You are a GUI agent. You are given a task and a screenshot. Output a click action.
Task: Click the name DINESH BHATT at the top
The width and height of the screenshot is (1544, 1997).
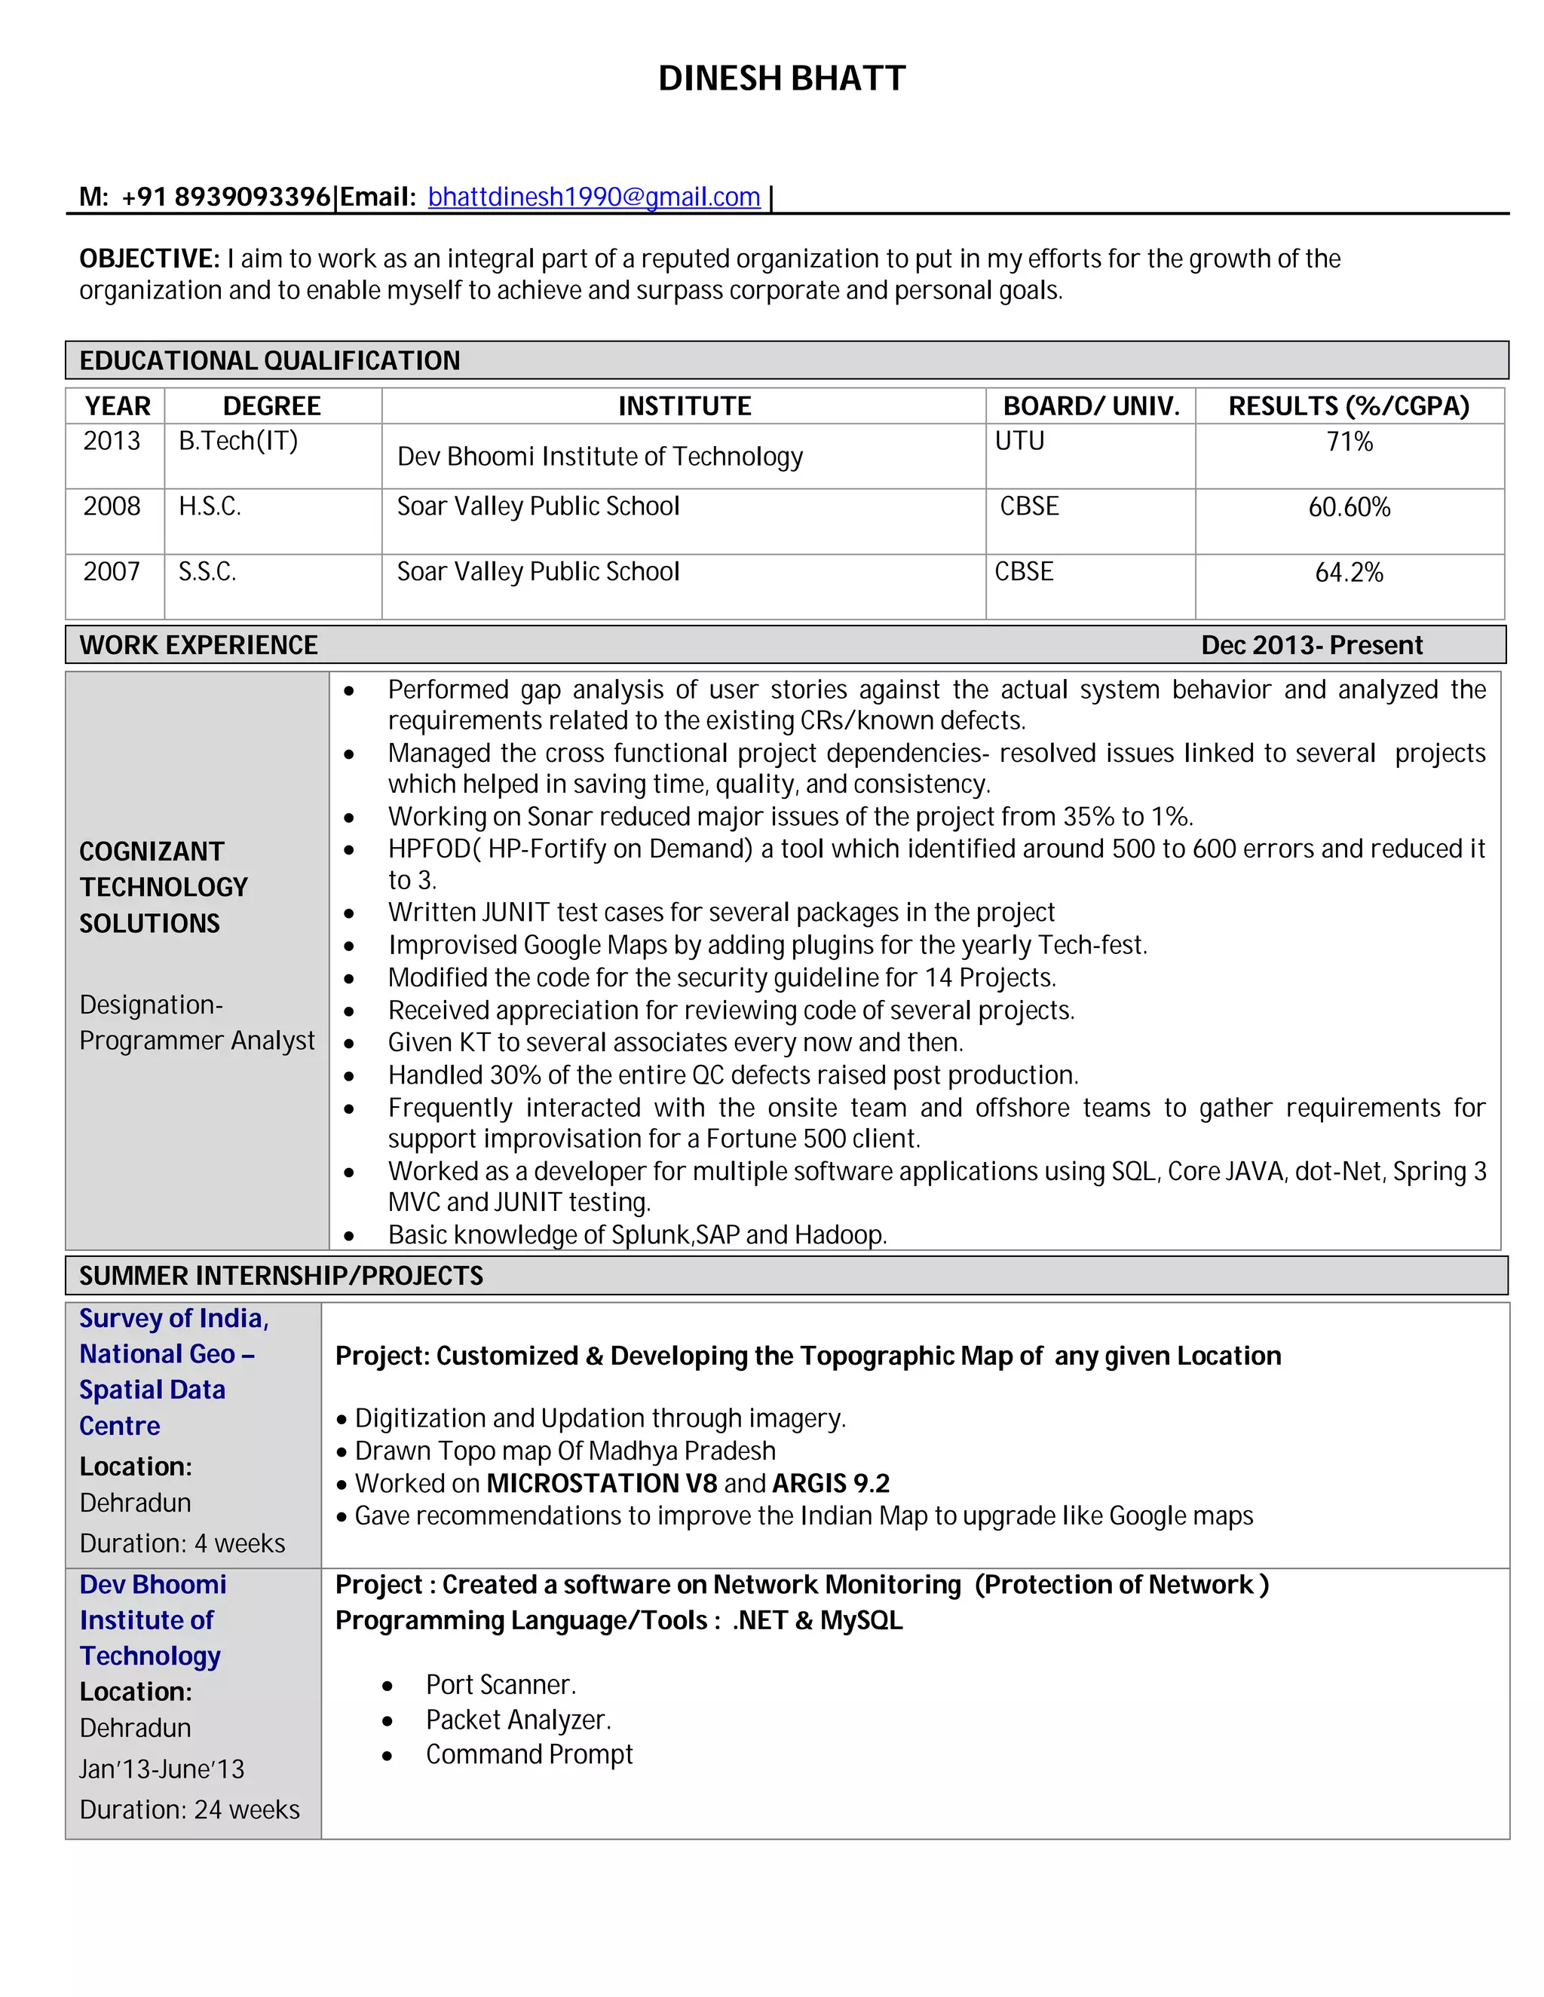[781, 78]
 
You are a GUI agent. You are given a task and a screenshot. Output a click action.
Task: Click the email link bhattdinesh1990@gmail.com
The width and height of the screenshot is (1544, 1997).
[593, 197]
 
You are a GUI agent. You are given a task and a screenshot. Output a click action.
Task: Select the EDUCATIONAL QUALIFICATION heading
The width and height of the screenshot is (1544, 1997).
[270, 360]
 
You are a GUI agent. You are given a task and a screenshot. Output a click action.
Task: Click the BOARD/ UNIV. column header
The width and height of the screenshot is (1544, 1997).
[1090, 406]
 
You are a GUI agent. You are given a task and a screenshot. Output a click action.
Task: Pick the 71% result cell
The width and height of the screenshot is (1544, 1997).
[1349, 442]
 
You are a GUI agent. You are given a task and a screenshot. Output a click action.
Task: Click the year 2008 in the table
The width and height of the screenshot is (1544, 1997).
[112, 506]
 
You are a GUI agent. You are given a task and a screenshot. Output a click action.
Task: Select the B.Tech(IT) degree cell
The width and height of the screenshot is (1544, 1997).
[237, 441]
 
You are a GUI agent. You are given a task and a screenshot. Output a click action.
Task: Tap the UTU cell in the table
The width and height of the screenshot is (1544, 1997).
[1019, 441]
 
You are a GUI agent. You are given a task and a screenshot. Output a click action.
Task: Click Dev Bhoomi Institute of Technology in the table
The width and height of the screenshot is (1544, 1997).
[599, 456]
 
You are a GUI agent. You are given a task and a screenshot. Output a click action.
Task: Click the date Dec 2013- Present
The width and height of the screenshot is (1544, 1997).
[1311, 646]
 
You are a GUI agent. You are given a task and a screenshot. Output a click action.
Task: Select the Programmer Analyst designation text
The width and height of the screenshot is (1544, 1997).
[197, 1041]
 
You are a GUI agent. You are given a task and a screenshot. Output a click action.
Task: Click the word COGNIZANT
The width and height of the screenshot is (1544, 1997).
[151, 852]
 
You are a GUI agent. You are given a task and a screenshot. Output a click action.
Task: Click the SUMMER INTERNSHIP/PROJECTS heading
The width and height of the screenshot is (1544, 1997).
[280, 1276]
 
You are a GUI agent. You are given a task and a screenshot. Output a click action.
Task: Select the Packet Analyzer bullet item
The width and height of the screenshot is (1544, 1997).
[518, 1720]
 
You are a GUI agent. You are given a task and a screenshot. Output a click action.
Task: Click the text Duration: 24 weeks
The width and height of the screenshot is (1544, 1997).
[189, 1809]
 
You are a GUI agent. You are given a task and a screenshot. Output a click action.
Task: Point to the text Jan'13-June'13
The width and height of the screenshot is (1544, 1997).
[162, 1769]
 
